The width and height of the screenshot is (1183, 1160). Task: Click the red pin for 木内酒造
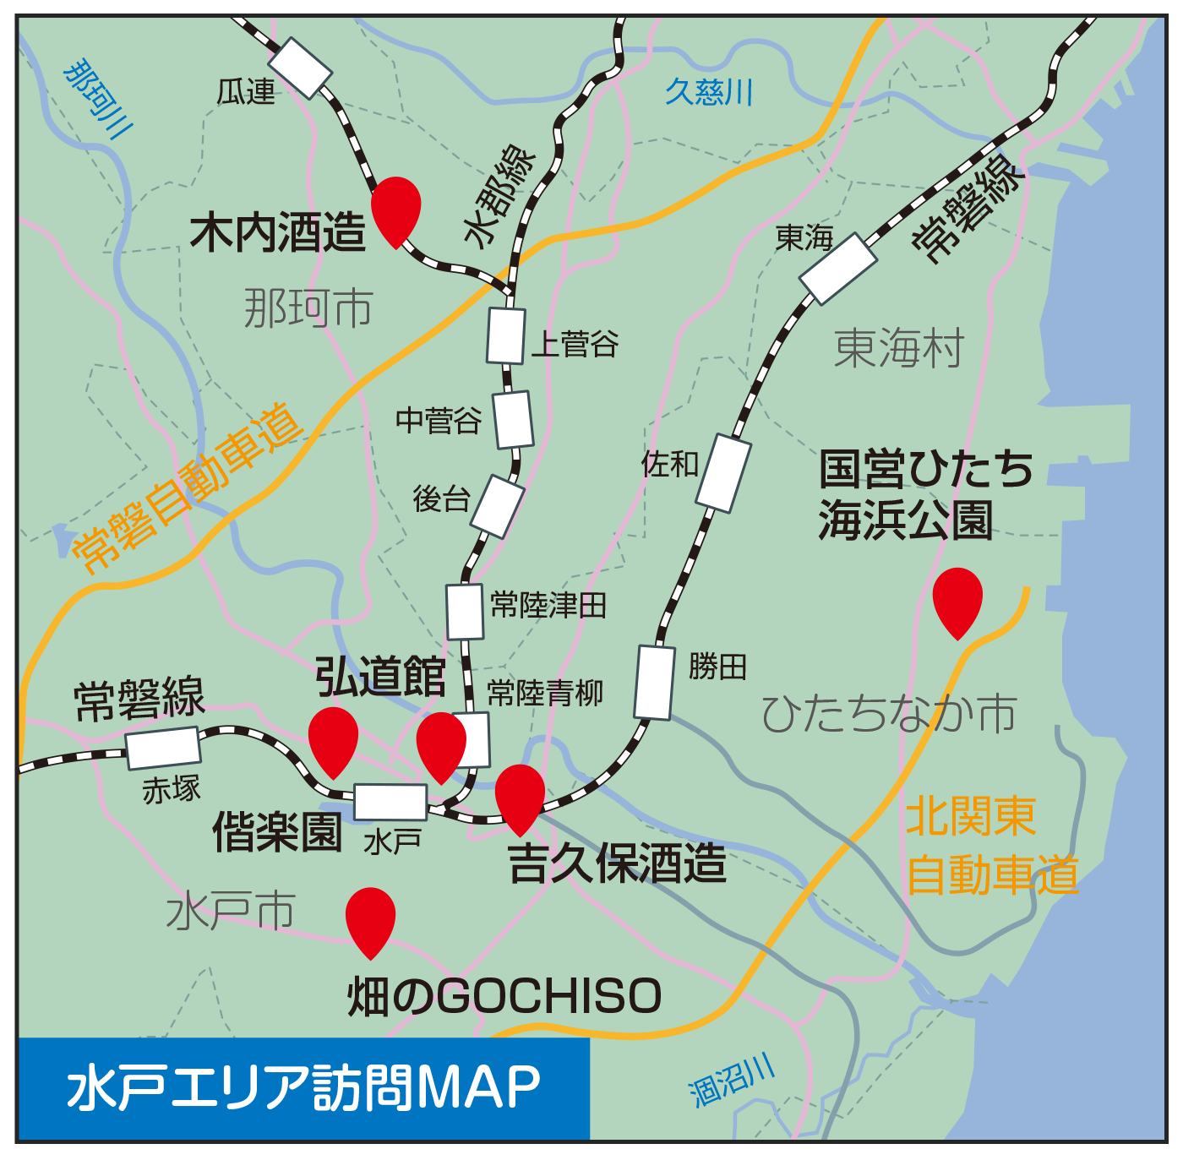pyautogui.click(x=395, y=206)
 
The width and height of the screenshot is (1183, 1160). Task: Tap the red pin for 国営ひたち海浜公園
pyautogui.click(x=957, y=596)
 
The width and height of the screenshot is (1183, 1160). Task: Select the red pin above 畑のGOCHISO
pyautogui.click(x=370, y=917)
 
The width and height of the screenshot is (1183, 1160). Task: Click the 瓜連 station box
pyautogui.click(x=300, y=68)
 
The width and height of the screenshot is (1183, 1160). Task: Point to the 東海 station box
pyautogui.click(x=837, y=269)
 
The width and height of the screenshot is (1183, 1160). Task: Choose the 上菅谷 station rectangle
pyautogui.click(x=506, y=335)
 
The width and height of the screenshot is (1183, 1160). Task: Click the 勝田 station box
pyautogui.click(x=656, y=682)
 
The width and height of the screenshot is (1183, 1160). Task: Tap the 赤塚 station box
pyautogui.click(x=163, y=748)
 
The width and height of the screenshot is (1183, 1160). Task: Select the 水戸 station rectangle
pyautogui.click(x=390, y=802)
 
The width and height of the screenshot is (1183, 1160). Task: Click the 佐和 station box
pyautogui.click(x=724, y=473)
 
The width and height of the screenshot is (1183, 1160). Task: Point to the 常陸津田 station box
pyautogui.click(x=465, y=611)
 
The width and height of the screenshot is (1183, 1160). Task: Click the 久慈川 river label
pyautogui.click(x=708, y=91)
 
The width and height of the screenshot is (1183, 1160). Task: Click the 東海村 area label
pyautogui.click(x=898, y=348)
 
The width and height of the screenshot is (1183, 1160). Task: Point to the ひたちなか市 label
pyautogui.click(x=888, y=714)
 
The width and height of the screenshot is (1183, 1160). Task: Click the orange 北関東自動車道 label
pyautogui.click(x=991, y=845)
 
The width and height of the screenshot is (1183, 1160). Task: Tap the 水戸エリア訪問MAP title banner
pyautogui.click(x=303, y=1087)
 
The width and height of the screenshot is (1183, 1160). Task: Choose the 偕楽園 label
pyautogui.click(x=277, y=831)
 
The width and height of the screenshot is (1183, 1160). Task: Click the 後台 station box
pyautogui.click(x=498, y=507)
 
